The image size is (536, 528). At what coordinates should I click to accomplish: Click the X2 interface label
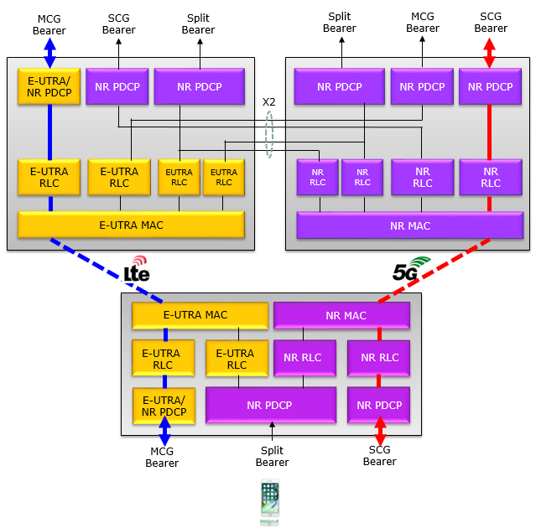268,101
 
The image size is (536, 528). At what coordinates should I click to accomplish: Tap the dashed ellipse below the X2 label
266,135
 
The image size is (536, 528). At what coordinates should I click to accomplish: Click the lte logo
137,269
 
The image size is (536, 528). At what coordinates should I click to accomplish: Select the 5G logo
411,268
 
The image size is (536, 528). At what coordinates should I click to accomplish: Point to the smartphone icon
270,502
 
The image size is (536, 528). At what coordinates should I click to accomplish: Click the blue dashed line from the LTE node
107,271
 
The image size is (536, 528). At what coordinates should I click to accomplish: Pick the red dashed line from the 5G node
435,271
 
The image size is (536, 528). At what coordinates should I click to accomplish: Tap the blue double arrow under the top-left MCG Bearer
49,53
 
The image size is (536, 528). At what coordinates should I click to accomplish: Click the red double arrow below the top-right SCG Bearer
489,53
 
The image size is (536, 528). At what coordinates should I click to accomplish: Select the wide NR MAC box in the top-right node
410,225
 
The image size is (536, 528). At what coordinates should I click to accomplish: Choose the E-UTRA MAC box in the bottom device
200,315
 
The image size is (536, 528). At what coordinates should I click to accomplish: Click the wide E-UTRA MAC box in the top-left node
131,225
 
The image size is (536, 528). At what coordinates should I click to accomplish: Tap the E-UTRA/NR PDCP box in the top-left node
49,86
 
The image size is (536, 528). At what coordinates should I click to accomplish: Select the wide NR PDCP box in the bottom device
271,405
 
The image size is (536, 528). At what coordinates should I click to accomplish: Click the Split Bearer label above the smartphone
272,456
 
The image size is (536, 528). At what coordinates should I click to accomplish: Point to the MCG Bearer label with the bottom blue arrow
162,458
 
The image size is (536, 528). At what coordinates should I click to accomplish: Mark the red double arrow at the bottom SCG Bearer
380,431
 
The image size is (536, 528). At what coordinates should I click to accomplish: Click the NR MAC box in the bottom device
342,316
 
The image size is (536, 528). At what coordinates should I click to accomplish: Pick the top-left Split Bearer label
198,24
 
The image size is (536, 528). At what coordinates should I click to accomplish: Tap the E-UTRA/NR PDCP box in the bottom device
164,406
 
